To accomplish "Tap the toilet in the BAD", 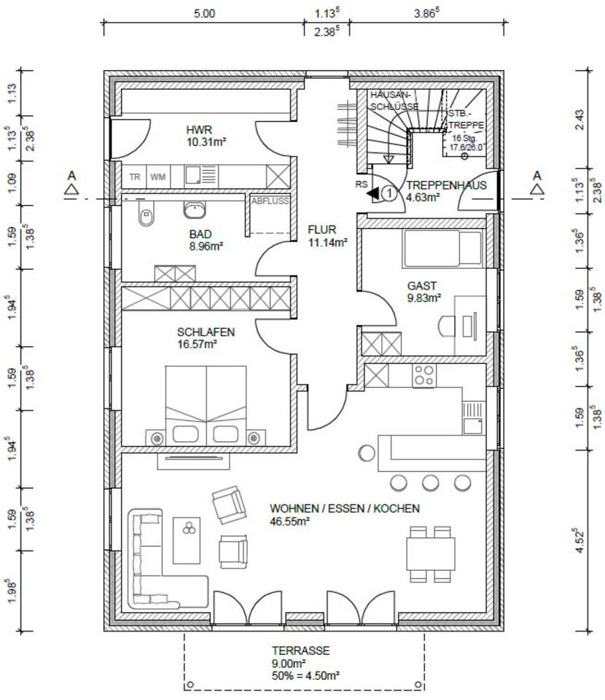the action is [x=146, y=214].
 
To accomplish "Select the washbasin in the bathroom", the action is [x=195, y=209].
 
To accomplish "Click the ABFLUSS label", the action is [x=270, y=201].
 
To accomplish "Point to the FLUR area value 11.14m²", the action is [x=328, y=242].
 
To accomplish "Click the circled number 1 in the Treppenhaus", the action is [x=389, y=194].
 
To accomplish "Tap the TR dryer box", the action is [x=135, y=176].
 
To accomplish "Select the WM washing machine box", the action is [x=158, y=176].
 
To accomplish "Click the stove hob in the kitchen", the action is [x=423, y=376].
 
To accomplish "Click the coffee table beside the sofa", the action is [x=187, y=540].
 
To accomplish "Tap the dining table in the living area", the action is [x=431, y=554].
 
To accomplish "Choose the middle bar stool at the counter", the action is [x=431, y=483].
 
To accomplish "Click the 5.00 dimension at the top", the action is [x=204, y=13].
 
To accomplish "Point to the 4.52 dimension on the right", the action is [x=580, y=540].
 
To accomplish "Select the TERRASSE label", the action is [x=301, y=650].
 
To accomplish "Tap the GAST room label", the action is [x=421, y=286].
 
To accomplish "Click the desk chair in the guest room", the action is [x=446, y=326].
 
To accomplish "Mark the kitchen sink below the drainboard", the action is [x=472, y=426].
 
